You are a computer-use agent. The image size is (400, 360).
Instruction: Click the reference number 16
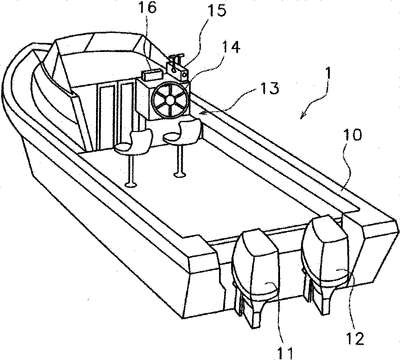pos(147,8)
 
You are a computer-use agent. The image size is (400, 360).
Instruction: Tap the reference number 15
pos(217,10)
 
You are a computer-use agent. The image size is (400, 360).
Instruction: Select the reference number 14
pos(231,47)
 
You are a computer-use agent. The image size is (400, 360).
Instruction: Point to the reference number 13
pos(269,88)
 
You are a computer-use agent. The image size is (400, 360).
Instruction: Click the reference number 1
pos(328,73)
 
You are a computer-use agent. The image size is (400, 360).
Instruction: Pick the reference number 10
pos(351,136)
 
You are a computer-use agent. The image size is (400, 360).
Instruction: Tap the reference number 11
pos(286,353)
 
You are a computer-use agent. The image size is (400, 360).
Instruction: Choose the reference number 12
pos(354,339)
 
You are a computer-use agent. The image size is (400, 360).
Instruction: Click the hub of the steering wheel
pos(170,99)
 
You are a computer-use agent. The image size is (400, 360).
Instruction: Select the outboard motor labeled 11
pos(256,277)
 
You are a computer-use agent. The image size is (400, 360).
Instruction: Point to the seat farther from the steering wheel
pos(134,142)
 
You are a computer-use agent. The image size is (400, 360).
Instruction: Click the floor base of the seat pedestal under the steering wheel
pos(180,174)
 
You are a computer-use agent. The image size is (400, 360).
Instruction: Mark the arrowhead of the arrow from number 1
pos(303,114)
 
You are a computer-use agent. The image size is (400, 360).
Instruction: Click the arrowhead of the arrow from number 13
pos(199,114)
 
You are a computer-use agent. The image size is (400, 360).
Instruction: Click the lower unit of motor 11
pos(252,307)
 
